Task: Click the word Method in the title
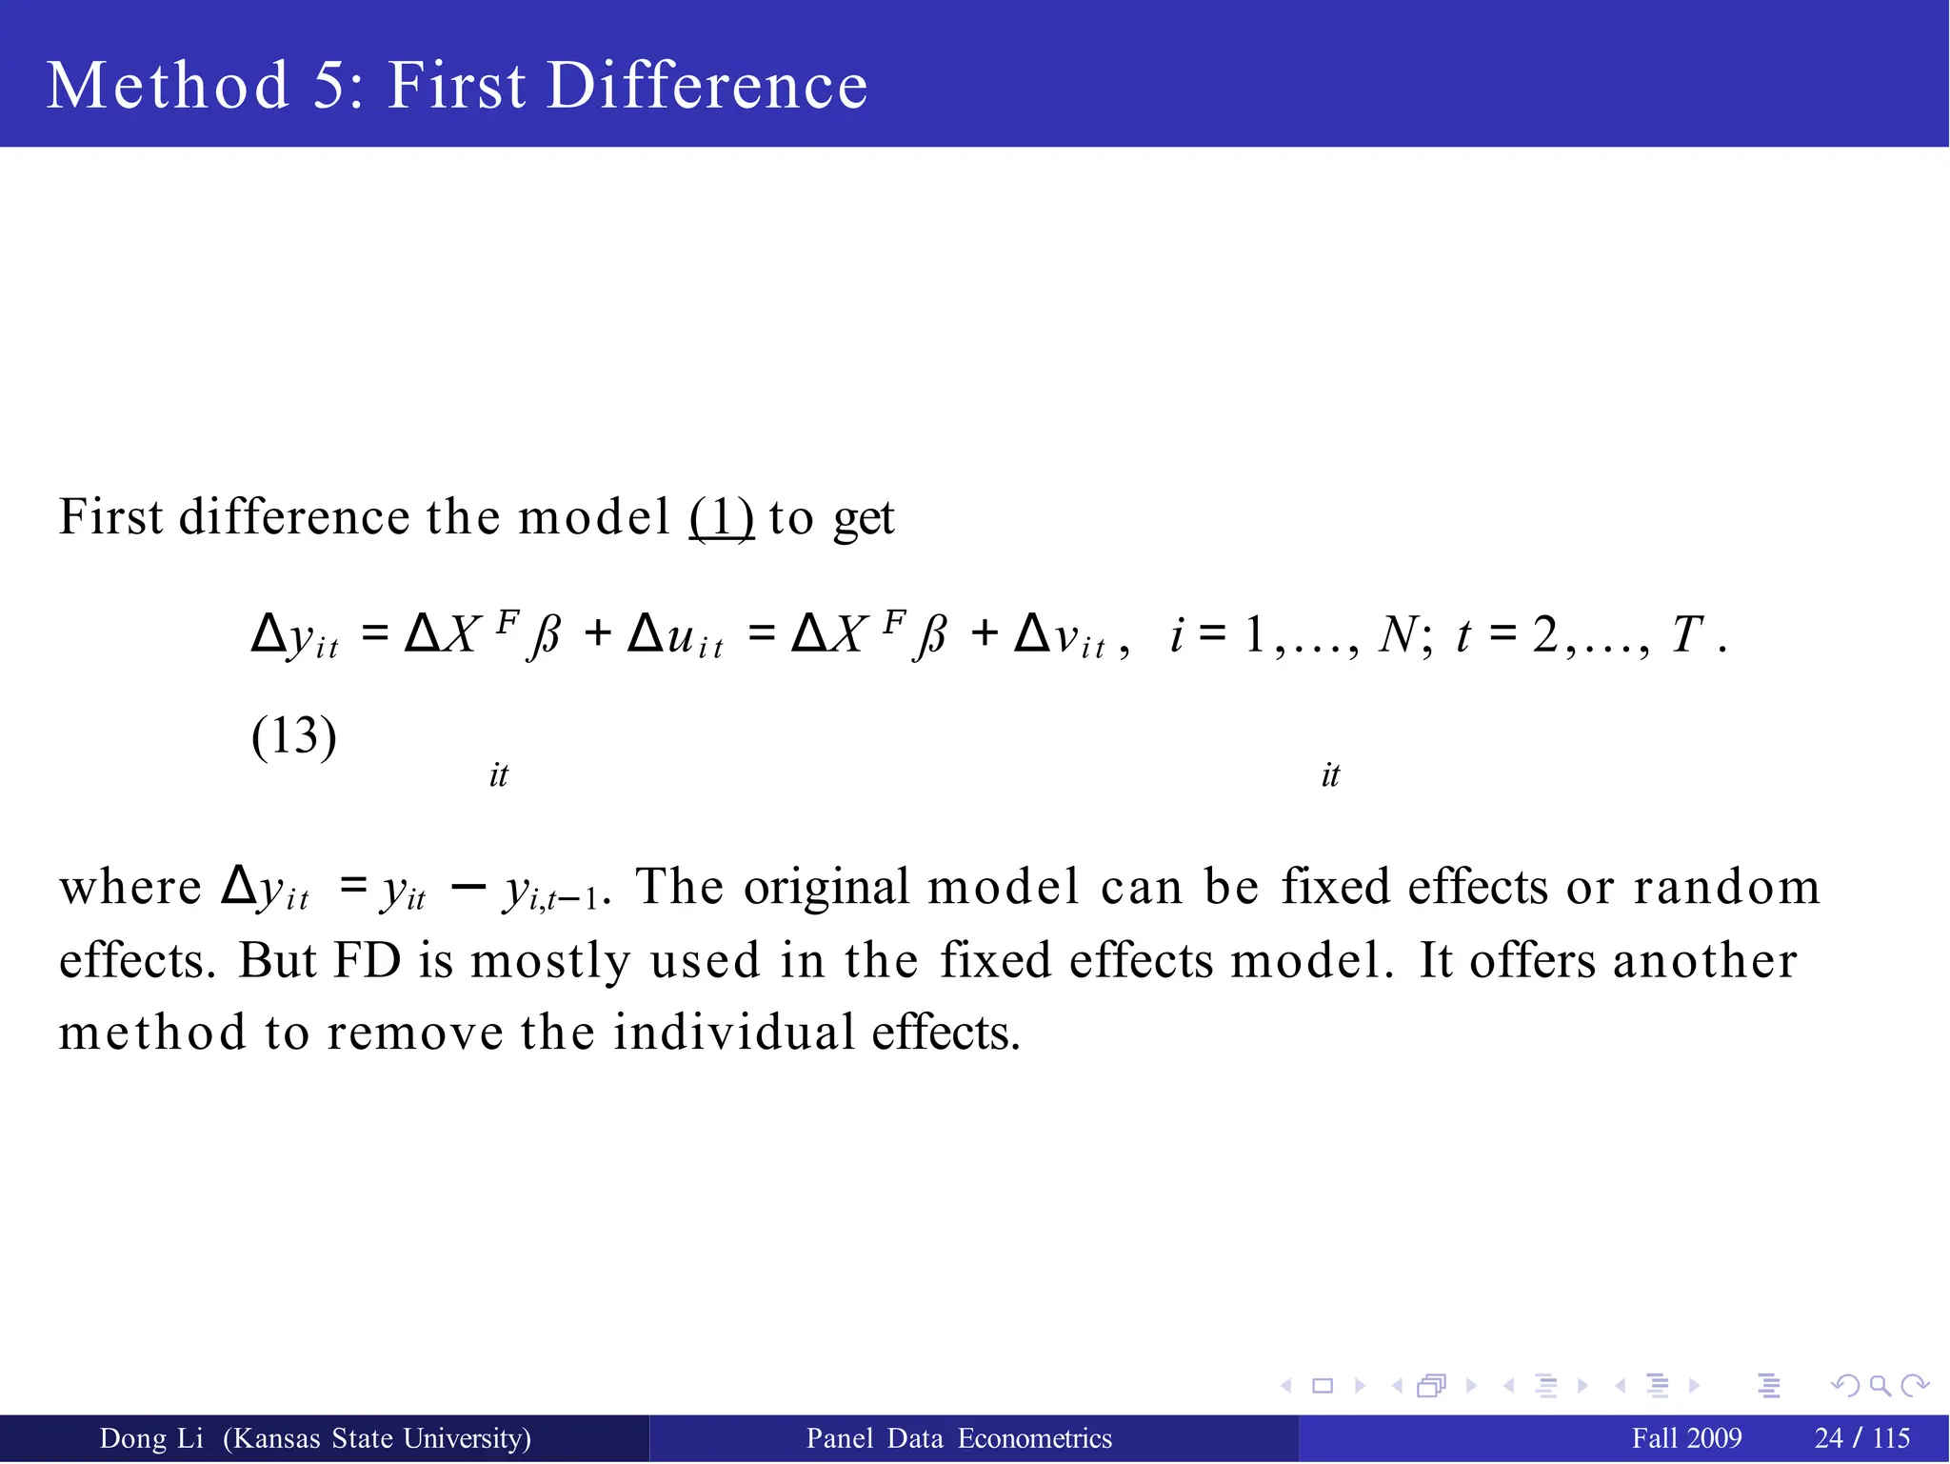click(x=168, y=86)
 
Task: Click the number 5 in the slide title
click(x=330, y=86)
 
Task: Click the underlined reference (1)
click(x=722, y=518)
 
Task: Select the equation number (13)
click(x=293, y=736)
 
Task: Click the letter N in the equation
click(x=1398, y=634)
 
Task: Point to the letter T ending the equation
click(x=1686, y=634)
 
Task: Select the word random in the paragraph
click(x=1726, y=887)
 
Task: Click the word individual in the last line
click(x=733, y=1033)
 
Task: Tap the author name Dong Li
click(x=151, y=1438)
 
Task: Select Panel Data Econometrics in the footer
click(x=959, y=1438)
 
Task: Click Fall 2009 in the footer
click(x=1686, y=1438)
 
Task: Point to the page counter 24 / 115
click(x=1862, y=1438)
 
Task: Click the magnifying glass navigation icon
click(x=1880, y=1386)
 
